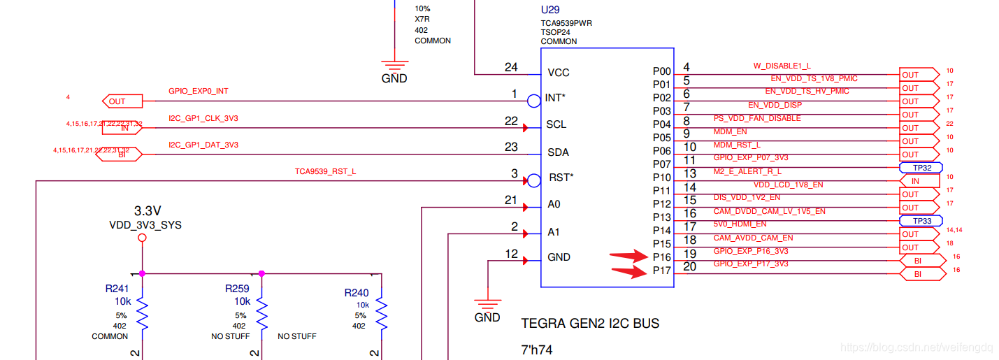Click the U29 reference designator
pos(550,10)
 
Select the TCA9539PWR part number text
pos(566,23)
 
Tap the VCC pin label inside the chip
pos(559,73)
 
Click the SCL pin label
pos(556,125)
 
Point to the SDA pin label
pos(557,152)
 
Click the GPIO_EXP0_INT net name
pos(198,92)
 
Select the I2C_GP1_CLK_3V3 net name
pos(203,118)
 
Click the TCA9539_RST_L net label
pos(325,171)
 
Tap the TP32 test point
pos(921,168)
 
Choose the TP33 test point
pos(921,221)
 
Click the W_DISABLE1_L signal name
pos(782,66)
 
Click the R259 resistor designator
pos(237,289)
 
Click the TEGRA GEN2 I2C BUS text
pos(590,324)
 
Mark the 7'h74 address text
pos(537,350)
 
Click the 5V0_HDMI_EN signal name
pos(740,224)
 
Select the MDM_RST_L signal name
pos(736,145)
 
